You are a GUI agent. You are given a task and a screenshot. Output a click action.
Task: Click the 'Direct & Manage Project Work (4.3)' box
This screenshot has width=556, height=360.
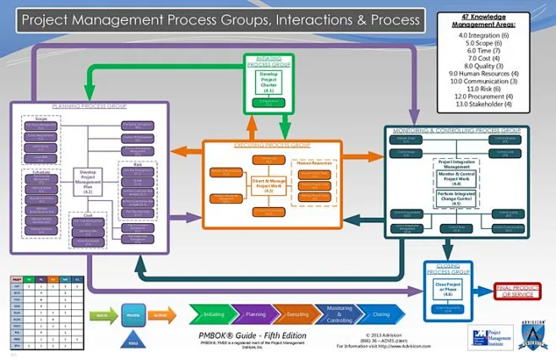pyautogui.click(x=269, y=184)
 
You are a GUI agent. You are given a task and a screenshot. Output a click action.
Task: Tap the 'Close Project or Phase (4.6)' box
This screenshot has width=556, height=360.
pyautogui.click(x=447, y=289)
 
